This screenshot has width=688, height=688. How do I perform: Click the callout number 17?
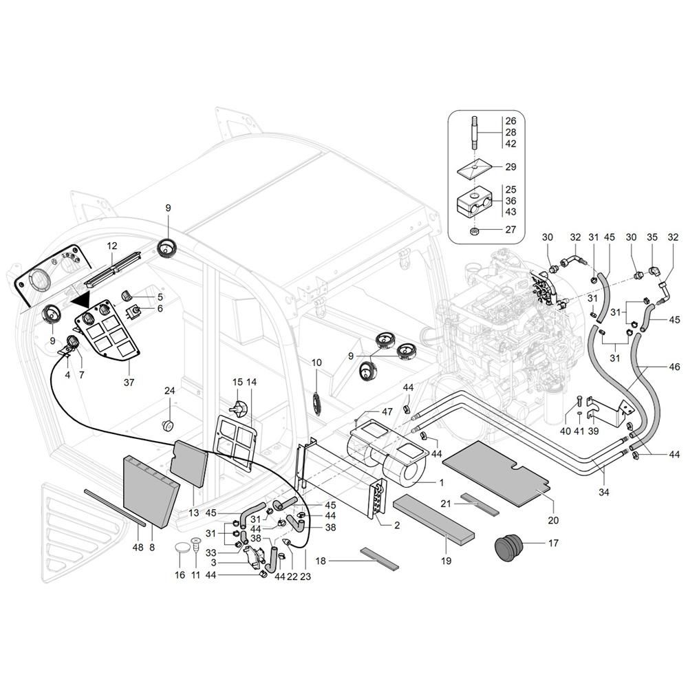[553, 543]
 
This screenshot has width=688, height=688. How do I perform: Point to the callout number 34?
[603, 493]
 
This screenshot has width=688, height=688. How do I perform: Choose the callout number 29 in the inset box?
[510, 167]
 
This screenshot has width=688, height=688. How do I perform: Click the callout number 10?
[316, 363]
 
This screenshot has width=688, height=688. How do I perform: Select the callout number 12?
[112, 246]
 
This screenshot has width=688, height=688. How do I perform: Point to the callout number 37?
[129, 382]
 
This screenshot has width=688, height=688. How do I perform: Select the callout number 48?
[138, 547]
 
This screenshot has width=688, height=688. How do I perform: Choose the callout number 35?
[653, 237]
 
